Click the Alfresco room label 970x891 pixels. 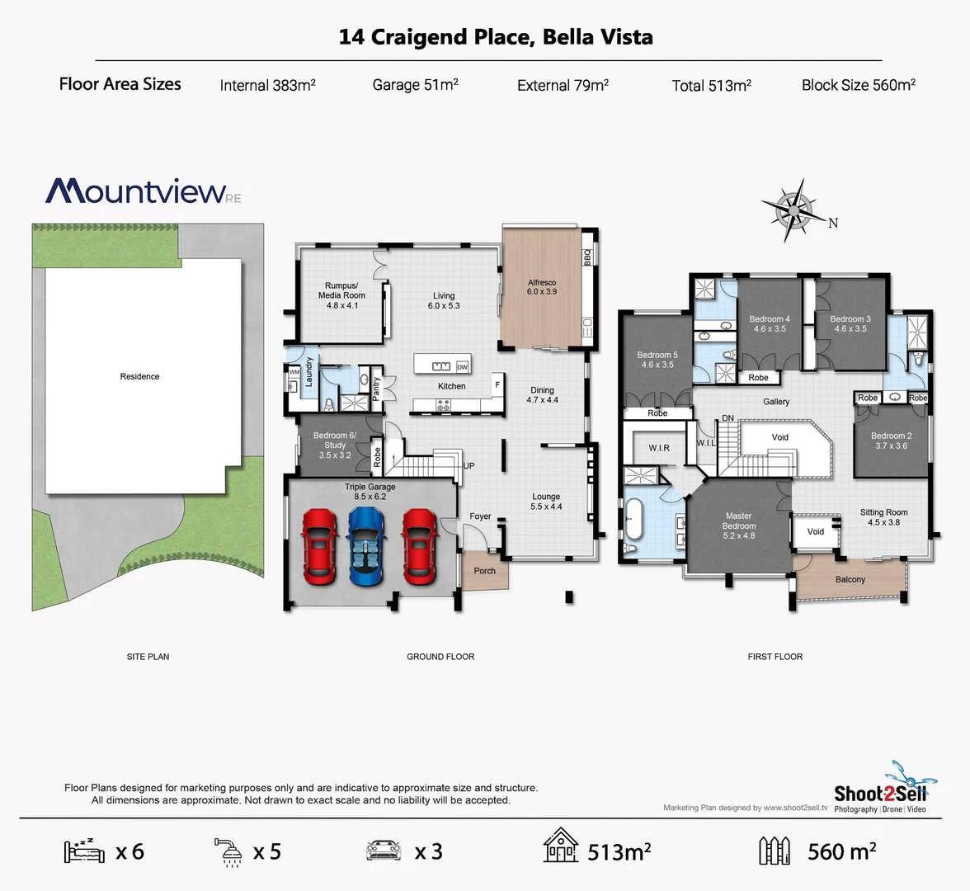point(542,287)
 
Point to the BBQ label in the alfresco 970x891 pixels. point(587,257)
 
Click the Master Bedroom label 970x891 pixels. point(738,526)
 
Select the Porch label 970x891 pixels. point(485,571)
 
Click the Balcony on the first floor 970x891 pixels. point(850,579)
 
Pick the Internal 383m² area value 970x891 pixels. point(267,85)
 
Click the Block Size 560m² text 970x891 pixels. point(858,85)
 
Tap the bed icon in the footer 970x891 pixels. point(83,851)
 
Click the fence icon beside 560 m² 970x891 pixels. point(775,851)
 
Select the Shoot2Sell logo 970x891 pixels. point(880,793)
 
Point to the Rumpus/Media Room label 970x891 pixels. point(341,295)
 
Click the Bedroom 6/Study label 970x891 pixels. point(334,445)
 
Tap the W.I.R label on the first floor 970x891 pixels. point(659,448)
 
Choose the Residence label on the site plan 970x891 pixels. point(139,376)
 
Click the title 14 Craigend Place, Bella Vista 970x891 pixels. point(496,37)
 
